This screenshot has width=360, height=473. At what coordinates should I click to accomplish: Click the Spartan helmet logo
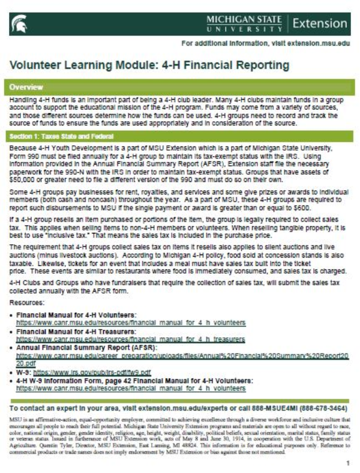point(18,25)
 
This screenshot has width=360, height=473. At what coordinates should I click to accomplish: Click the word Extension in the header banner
point(321,24)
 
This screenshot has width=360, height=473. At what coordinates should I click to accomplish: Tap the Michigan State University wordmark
point(244,24)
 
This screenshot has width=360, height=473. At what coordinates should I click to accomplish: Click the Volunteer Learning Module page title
point(149,64)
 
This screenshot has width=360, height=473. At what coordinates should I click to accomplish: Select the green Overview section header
point(180,86)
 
